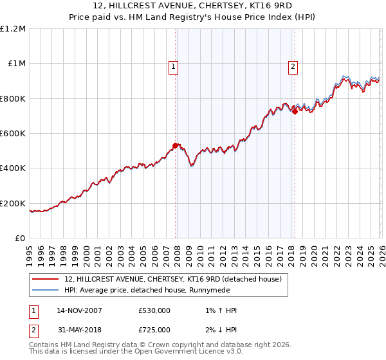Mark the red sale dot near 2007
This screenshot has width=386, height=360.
coord(176,145)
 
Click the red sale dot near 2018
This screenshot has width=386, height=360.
coord(295,111)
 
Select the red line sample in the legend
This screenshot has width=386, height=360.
coord(45,280)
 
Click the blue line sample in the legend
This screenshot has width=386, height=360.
coord(45,291)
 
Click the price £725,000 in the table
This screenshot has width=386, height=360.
coord(154,329)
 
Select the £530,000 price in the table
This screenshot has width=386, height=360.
coord(154,310)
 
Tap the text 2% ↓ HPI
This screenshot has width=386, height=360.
coord(219,329)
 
